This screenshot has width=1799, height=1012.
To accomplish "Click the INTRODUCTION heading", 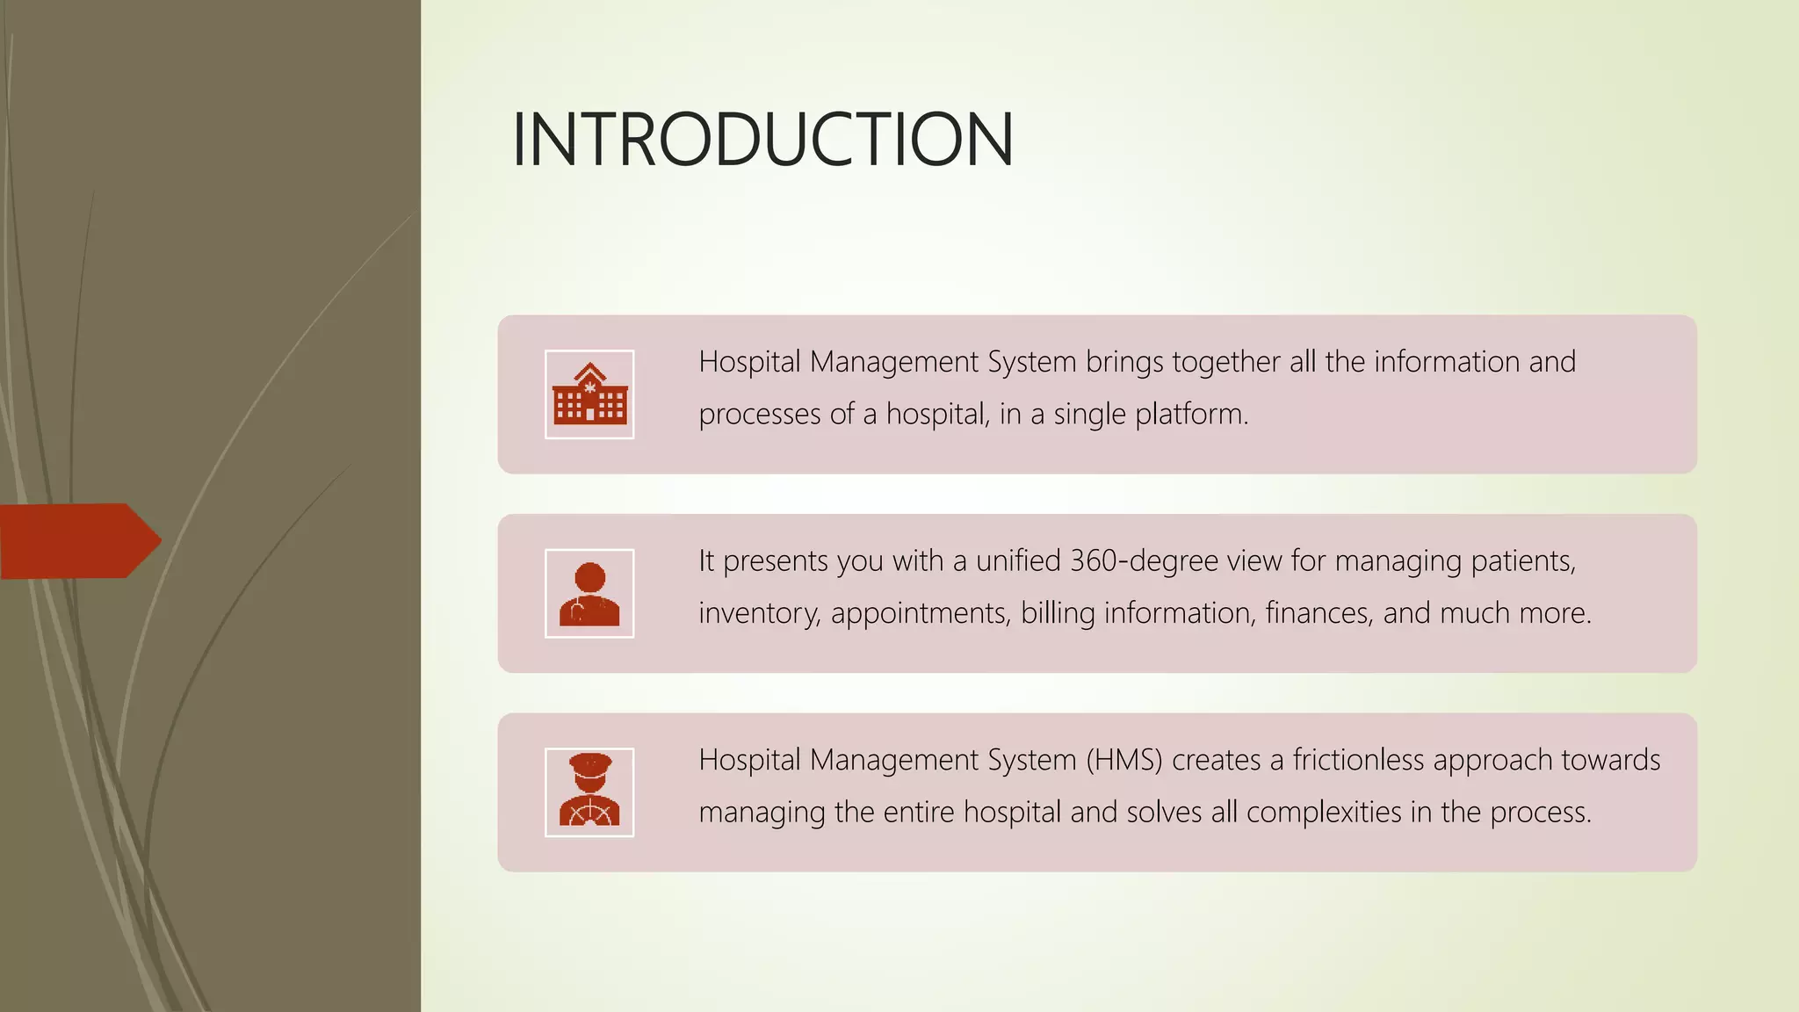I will [x=762, y=139].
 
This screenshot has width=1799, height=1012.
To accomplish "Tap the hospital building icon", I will [x=589, y=394].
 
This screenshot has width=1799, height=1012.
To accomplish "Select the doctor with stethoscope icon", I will [x=589, y=594].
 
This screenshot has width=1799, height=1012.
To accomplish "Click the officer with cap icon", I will [x=589, y=792].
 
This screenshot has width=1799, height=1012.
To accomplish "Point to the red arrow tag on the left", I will [x=79, y=540].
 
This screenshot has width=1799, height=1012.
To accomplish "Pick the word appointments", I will [x=920, y=613].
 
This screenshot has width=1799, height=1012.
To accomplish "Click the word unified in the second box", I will [x=1018, y=560].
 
